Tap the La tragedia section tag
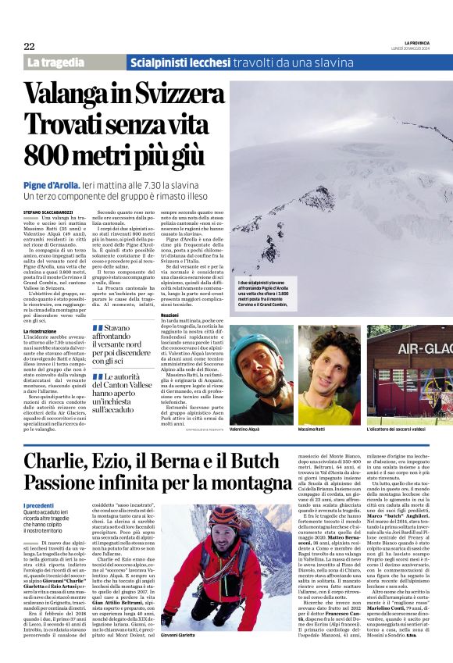tap(55, 62)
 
